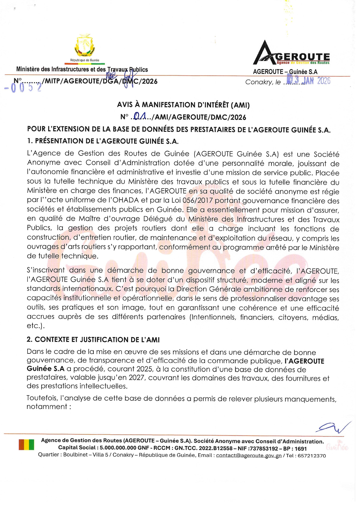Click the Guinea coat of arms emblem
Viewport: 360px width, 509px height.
click(x=85, y=46)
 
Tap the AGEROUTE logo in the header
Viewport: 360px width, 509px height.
click(x=291, y=53)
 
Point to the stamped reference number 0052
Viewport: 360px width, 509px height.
click(x=23, y=88)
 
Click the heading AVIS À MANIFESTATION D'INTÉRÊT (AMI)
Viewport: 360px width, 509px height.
click(x=183, y=105)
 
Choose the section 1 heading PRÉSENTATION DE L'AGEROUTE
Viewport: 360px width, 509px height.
click(x=103, y=141)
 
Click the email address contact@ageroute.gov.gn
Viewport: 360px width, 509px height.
click(x=249, y=455)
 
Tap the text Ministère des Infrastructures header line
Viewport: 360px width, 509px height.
click(x=82, y=69)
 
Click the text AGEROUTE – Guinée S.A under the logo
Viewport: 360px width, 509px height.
click(x=285, y=72)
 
